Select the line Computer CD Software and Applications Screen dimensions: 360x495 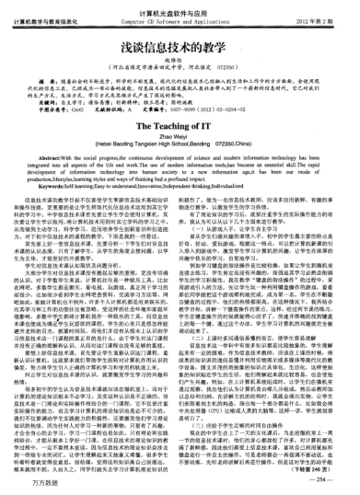click(x=180, y=19)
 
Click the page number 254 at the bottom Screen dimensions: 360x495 click(x=326, y=479)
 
